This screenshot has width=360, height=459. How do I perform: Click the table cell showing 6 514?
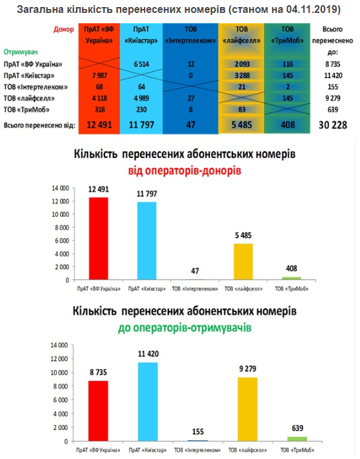pos(141,64)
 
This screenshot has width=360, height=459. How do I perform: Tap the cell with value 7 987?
pos(99,76)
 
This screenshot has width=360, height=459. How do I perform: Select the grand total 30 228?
pos(333,125)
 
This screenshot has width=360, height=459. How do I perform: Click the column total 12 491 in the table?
pos(99,125)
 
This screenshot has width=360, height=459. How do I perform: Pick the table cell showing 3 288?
pos(242,76)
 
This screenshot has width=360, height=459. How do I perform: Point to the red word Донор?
pos(63,29)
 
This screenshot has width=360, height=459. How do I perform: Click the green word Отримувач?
pos(21,52)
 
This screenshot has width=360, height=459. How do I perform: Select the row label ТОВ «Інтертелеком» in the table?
pos(35,87)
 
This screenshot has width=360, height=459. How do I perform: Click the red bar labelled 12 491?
pos(99,239)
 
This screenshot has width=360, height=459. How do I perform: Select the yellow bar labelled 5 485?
pos(243,261)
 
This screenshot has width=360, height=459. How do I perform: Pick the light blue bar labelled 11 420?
pos(148,402)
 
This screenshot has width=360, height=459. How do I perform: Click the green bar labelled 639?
pos(297,439)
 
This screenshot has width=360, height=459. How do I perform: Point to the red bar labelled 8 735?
pos(98,411)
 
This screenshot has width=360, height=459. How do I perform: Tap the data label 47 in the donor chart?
pos(195,271)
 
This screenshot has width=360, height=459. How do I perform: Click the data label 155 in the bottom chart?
pos(198,432)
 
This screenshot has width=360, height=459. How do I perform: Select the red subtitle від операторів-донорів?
pos(185,170)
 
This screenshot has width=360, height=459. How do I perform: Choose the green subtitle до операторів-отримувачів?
pos(185,327)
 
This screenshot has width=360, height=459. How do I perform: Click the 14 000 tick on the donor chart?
pos(61,189)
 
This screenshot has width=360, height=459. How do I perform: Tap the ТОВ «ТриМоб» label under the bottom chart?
pos(297,450)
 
